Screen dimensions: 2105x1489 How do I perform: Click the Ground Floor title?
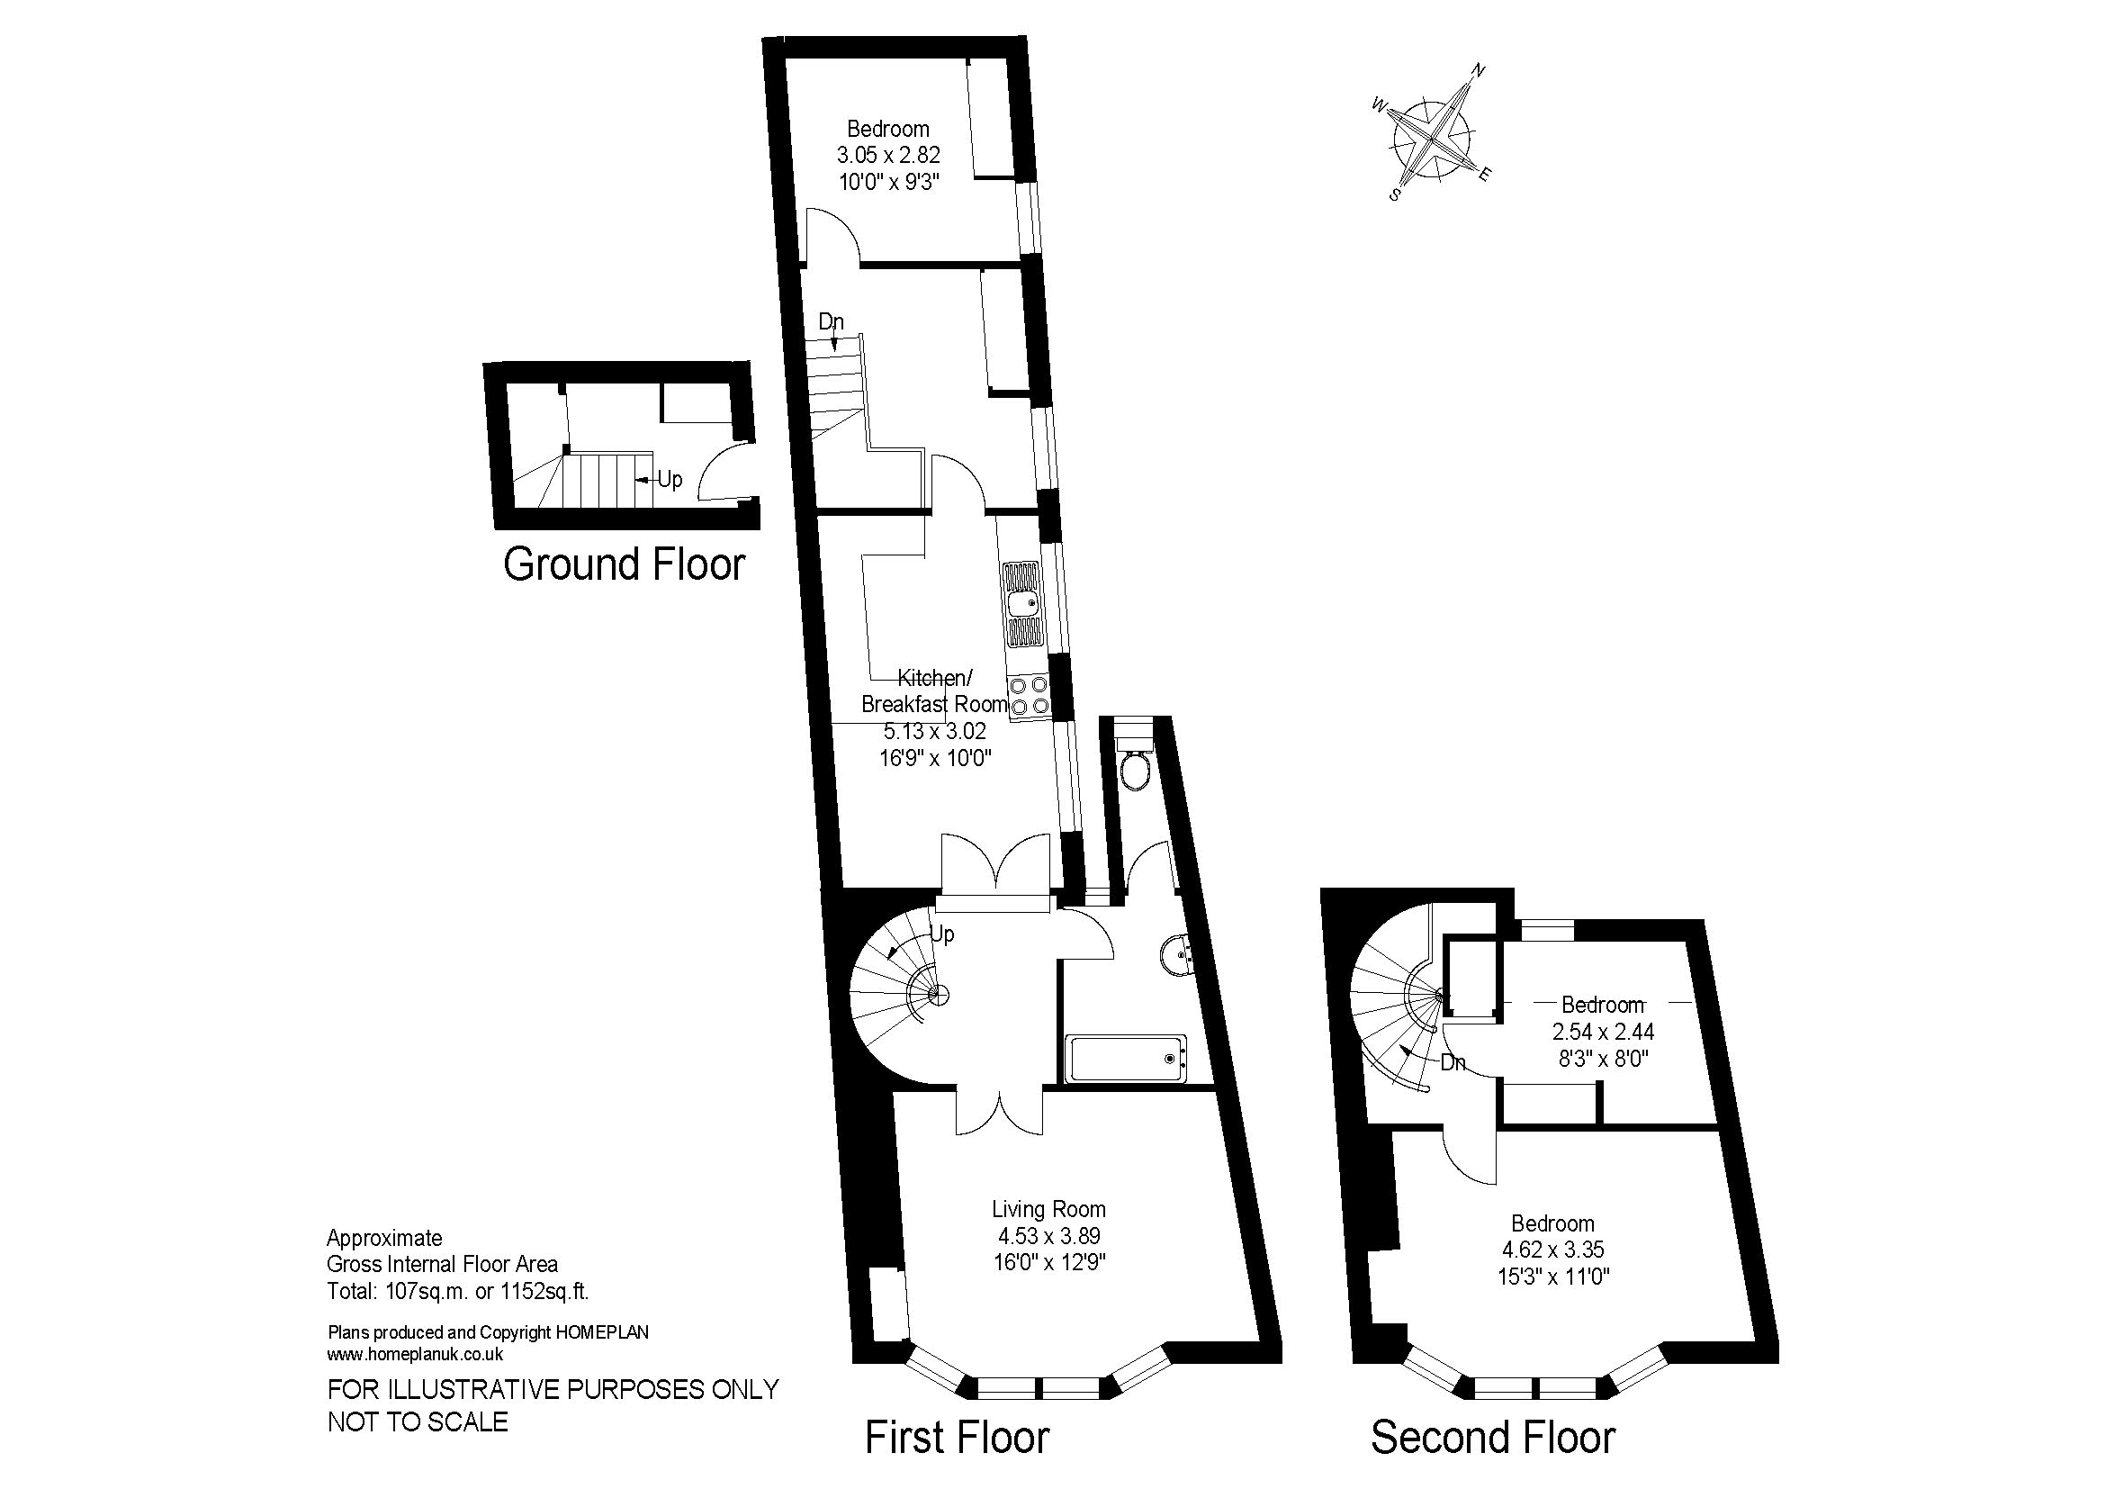pos(625,564)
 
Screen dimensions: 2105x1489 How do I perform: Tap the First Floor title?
pos(958,1438)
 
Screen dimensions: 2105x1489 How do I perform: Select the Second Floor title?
pos(1492,1438)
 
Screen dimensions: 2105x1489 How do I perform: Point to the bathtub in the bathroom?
pos(1127,1058)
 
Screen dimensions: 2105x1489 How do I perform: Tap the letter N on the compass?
pos(1478,69)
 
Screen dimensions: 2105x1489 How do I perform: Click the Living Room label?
pos(1048,1209)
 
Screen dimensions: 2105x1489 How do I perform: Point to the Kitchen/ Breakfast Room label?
pos(934,691)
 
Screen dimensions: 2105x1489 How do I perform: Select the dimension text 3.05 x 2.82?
pos(888,155)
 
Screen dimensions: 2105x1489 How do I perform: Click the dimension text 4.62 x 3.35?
pos(1553,1250)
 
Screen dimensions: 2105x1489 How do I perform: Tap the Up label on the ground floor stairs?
pos(670,480)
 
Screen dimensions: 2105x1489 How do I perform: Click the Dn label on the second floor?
pos(1453,1063)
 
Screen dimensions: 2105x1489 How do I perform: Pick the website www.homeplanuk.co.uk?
pos(415,1354)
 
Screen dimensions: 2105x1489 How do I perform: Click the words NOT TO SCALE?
pos(418,1422)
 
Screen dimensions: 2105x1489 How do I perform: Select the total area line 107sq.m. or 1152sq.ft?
pos(458,1292)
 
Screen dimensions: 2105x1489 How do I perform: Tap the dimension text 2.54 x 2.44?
pos(1604,1032)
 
